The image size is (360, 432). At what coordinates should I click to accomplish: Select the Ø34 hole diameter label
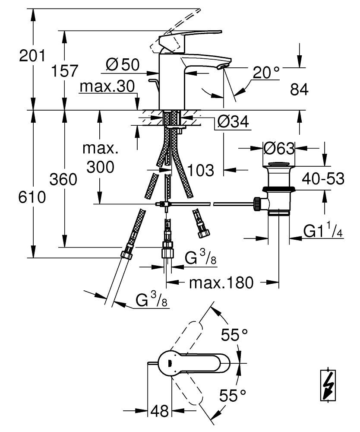point(234,123)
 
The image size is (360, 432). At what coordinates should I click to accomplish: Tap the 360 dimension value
point(64,179)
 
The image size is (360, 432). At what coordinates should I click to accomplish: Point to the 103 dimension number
point(201,170)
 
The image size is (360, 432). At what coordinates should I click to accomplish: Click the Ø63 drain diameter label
point(279,149)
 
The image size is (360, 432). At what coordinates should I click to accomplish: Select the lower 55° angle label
point(232,395)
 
